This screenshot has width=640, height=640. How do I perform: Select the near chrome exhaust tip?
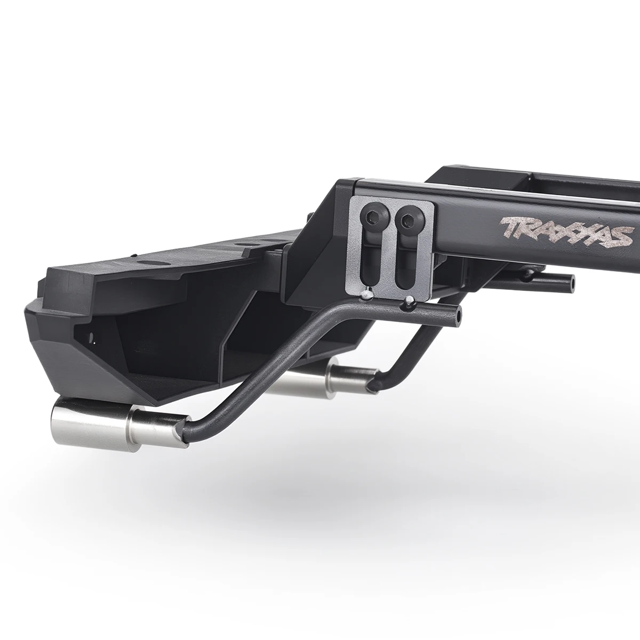click(116, 422)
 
